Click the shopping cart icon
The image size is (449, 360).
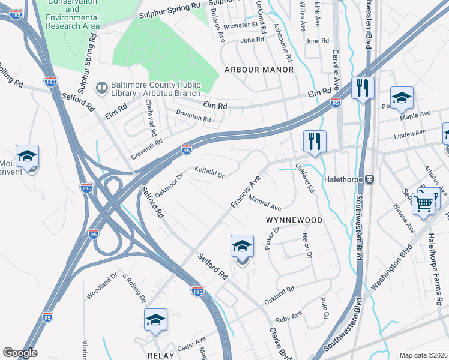424,203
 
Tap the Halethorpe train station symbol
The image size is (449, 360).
371,179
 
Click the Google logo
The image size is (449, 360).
20,353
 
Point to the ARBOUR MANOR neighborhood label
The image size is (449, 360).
259,70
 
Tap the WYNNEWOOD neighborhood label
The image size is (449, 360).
294,220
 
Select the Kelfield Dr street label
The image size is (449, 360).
209,173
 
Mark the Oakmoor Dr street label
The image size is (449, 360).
167,185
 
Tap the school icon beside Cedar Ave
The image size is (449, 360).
155,319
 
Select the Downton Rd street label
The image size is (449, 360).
193,119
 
